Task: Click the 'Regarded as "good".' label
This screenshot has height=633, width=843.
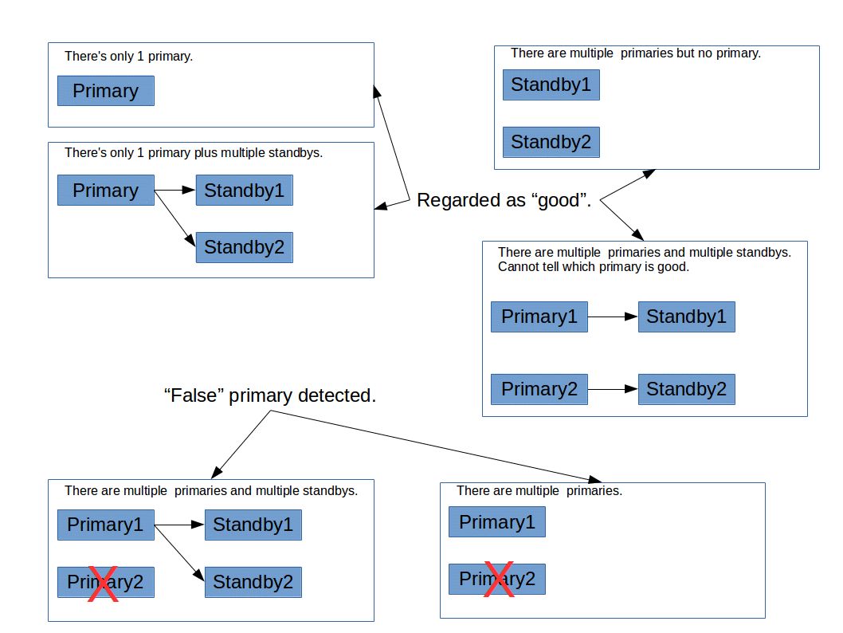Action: (504, 200)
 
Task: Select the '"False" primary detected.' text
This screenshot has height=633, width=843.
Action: (269, 395)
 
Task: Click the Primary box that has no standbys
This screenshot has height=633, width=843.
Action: (105, 91)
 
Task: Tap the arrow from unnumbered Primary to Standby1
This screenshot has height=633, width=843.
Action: (174, 190)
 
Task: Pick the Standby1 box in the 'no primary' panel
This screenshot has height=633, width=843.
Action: (551, 85)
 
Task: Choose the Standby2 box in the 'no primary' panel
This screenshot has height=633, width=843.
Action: (551, 142)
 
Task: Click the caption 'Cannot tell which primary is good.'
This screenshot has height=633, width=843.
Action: (593, 267)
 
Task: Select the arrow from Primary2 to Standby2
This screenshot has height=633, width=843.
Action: (613, 389)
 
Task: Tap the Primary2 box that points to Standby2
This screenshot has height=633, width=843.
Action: (539, 389)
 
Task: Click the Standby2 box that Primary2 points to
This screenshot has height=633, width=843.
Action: (687, 389)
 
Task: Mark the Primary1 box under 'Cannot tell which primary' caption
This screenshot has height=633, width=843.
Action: (539, 316)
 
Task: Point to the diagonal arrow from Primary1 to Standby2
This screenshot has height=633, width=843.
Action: (179, 552)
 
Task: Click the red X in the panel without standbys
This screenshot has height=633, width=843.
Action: (498, 579)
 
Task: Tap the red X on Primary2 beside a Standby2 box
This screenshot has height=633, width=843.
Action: (103, 583)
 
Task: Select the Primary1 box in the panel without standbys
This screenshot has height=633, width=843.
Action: (497, 522)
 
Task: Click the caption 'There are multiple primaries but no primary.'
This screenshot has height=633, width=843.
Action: (635, 53)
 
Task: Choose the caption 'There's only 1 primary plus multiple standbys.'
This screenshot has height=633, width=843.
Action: (194, 152)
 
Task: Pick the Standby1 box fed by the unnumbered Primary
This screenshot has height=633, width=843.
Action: (244, 191)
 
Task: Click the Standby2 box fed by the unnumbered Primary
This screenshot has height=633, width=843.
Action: (244, 247)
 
